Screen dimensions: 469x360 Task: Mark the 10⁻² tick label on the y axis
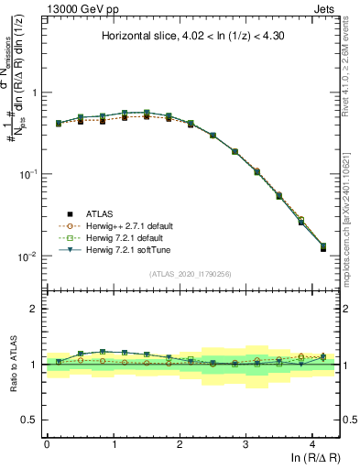(26, 256)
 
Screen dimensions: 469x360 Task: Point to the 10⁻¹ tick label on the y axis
(26, 174)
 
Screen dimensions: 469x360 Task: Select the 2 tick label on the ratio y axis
(33, 309)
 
